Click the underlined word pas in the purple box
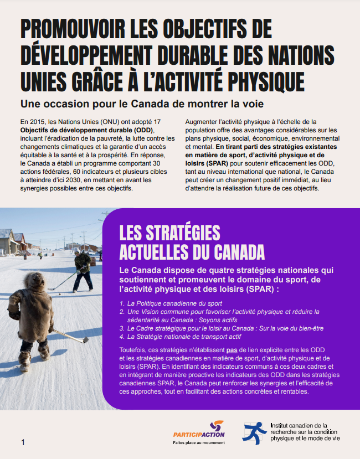click(x=232, y=350)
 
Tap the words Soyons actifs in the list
click(x=211, y=319)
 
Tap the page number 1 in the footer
click(x=23, y=442)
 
